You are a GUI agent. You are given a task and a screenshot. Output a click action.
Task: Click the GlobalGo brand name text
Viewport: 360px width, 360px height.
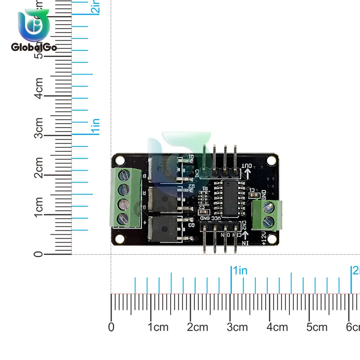coord(34,47)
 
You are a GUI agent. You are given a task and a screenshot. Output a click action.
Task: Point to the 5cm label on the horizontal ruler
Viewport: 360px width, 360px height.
coord(317,327)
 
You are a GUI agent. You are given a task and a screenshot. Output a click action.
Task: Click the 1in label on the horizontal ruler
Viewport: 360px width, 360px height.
coord(240,270)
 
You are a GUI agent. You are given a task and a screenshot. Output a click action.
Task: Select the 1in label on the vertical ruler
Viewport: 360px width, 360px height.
coord(96,126)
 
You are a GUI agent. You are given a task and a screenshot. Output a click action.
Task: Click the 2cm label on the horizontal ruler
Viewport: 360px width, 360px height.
coord(198,327)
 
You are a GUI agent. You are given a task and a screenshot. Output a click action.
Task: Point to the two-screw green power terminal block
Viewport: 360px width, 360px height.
coord(267,215)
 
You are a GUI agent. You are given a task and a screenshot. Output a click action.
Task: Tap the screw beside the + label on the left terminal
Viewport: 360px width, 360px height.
coord(124,218)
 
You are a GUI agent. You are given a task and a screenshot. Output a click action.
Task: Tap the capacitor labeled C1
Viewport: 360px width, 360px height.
coord(253,195)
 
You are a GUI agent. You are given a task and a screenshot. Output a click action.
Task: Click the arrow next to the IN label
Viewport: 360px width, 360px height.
coord(247,235)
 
